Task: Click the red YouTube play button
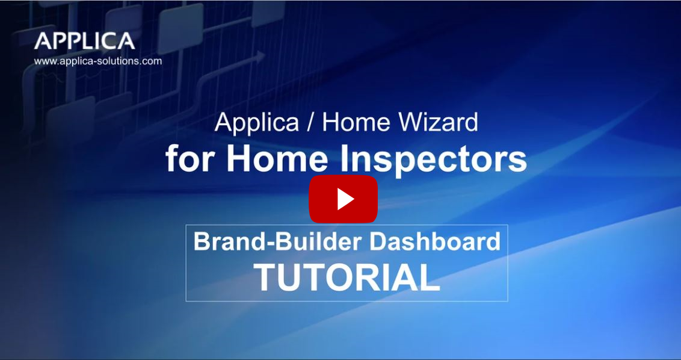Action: [x=343, y=199]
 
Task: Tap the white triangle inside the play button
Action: [x=345, y=199]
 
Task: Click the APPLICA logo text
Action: [x=85, y=41]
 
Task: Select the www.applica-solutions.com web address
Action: [x=98, y=61]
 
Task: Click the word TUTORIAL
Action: [x=347, y=277]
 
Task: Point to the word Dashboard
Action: [x=434, y=241]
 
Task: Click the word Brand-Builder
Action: [x=278, y=241]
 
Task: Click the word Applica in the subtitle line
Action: [x=257, y=123]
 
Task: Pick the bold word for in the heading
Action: [x=192, y=159]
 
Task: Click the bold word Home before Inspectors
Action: [x=277, y=159]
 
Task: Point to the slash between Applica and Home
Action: [x=310, y=123]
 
